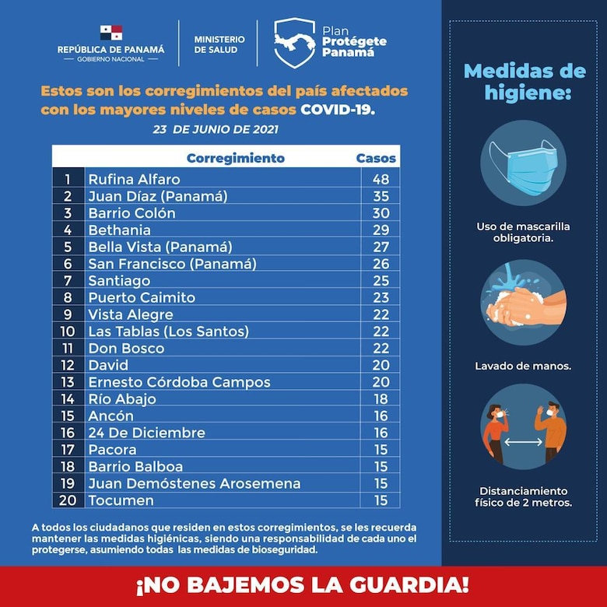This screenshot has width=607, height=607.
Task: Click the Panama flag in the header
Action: (x=111, y=33)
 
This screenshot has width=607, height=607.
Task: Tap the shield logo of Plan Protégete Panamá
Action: (x=294, y=42)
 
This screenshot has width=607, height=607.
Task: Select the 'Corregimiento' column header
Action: (x=236, y=158)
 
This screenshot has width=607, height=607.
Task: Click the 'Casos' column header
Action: (x=376, y=158)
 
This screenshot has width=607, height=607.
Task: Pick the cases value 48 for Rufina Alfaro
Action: (x=380, y=180)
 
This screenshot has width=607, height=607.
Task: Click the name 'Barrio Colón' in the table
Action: (x=132, y=213)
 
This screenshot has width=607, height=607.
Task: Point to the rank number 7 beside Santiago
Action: (x=68, y=281)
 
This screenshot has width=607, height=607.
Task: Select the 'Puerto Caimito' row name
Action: (x=142, y=298)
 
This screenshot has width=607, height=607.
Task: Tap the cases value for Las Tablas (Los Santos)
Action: (x=380, y=332)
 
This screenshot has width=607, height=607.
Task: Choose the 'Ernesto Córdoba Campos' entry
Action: (x=179, y=382)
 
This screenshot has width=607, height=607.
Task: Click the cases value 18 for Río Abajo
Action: (x=380, y=399)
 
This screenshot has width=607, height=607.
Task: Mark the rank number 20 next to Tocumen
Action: (x=68, y=500)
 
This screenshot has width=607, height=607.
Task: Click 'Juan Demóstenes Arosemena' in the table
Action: (x=194, y=483)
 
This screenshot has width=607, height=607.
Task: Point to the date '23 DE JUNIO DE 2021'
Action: (x=216, y=129)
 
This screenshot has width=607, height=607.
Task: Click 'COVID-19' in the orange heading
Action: (x=337, y=110)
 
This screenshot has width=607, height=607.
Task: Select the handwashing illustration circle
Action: (x=518, y=302)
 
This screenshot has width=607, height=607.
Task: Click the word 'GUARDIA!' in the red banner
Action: (x=404, y=583)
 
